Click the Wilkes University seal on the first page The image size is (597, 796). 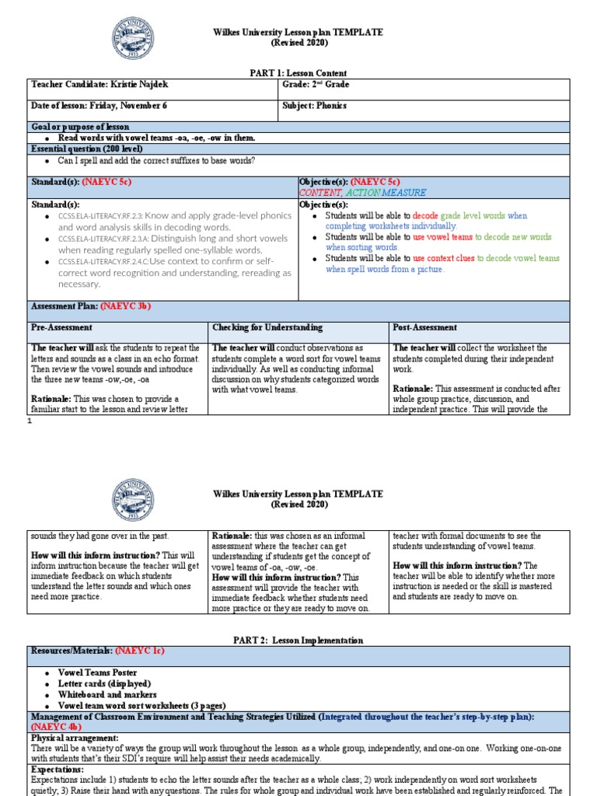click(x=133, y=38)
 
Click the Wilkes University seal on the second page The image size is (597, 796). click(x=133, y=499)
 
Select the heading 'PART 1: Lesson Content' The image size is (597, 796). click(x=298, y=73)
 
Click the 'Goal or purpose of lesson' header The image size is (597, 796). click(x=80, y=127)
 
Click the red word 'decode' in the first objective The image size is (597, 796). click(x=425, y=215)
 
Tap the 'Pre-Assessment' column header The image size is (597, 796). click(x=61, y=328)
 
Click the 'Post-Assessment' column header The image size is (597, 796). click(x=424, y=328)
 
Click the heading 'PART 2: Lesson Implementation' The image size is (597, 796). click(x=298, y=640)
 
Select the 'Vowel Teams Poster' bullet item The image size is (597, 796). click(x=97, y=672)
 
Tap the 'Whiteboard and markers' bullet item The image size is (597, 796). click(x=107, y=694)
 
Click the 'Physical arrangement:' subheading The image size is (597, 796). click(x=75, y=738)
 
